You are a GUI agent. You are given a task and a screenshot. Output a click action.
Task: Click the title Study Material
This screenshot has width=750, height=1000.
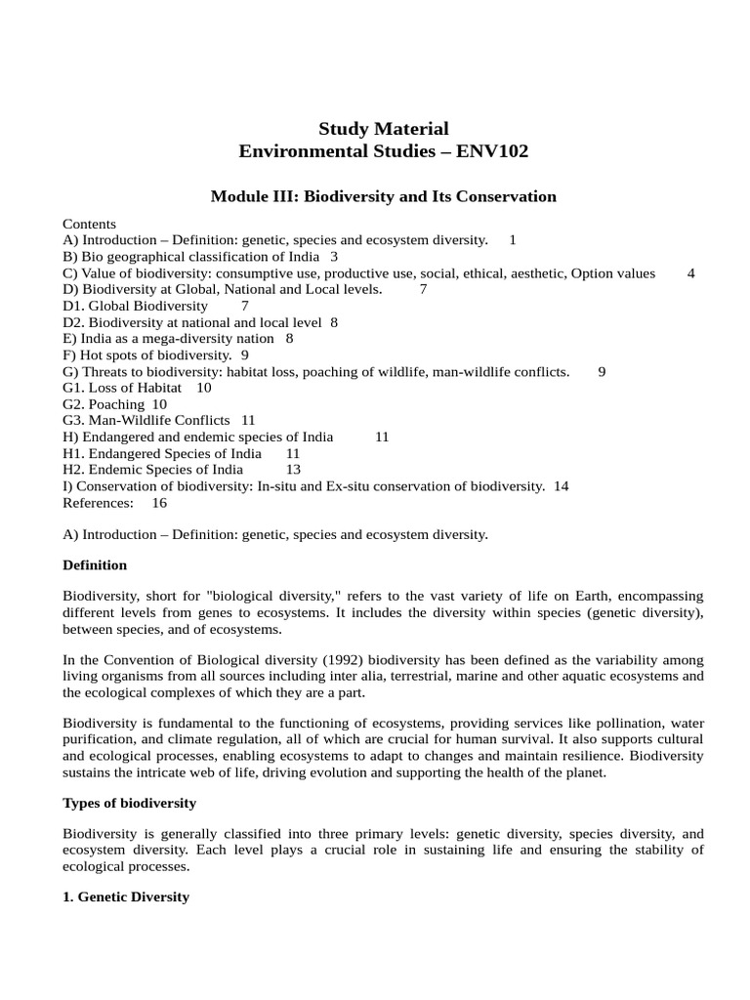384,129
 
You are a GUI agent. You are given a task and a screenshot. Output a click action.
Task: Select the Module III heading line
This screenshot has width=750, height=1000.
384,196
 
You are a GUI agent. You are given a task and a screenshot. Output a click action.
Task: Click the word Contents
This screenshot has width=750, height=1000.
89,224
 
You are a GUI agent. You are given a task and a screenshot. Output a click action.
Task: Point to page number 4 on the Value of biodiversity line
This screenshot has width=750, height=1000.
691,273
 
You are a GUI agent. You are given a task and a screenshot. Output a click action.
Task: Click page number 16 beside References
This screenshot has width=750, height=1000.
160,503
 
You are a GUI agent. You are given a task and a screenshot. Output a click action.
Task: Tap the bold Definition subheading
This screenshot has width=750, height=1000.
95,564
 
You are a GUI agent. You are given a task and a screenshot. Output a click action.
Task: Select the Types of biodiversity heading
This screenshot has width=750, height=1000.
129,803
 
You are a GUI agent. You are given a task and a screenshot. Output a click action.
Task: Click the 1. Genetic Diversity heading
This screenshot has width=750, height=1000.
125,896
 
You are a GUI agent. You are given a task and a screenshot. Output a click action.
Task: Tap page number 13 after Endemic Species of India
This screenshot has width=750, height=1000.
293,470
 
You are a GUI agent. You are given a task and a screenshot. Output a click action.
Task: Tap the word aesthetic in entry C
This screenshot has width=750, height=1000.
536,273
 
